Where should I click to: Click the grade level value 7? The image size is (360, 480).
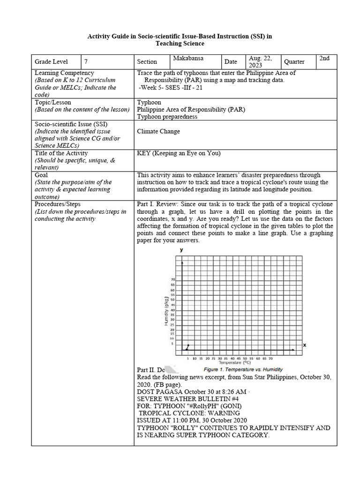point(86,61)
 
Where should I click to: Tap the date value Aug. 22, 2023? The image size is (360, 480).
point(261,61)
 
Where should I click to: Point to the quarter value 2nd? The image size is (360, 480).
point(324,58)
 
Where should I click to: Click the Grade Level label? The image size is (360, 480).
point(51,61)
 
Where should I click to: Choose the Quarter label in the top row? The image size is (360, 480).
point(294,61)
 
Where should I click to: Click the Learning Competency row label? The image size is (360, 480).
point(64,73)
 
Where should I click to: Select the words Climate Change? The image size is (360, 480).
point(158,131)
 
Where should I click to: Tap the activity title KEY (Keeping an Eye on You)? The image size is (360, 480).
point(179,153)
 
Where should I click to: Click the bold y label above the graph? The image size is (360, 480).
point(181,250)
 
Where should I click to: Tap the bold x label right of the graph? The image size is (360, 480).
point(304,345)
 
